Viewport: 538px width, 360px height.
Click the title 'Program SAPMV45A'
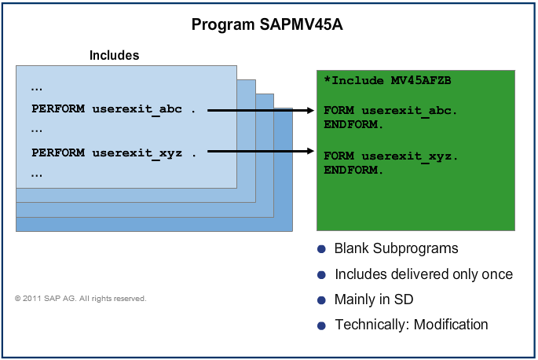[x=267, y=25]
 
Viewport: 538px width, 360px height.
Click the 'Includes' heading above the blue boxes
[x=114, y=55]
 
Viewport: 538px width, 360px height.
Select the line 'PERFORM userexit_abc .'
[x=113, y=109]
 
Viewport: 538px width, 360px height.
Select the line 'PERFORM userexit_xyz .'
[x=113, y=153]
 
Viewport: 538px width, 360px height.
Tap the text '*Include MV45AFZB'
[x=387, y=81]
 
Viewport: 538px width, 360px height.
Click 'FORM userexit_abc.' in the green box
[x=390, y=111]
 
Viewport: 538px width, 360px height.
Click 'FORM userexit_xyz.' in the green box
[x=390, y=156]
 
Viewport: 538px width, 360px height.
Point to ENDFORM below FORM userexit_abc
[x=353, y=124]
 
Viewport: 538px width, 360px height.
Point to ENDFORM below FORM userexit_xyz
[x=353, y=169]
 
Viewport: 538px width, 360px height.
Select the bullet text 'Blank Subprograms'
[x=396, y=249]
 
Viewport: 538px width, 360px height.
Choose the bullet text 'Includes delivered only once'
[x=423, y=274]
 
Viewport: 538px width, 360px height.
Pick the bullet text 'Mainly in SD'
[x=374, y=299]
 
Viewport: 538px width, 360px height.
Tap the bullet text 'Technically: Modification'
[x=411, y=325]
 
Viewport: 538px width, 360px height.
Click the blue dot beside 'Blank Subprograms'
[x=321, y=249]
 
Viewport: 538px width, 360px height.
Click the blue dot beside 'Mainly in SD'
[x=321, y=300]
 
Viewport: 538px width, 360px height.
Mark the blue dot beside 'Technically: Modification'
[x=321, y=325]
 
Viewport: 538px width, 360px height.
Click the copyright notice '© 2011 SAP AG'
[x=80, y=299]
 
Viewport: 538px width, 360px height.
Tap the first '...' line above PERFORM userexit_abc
[x=37, y=86]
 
